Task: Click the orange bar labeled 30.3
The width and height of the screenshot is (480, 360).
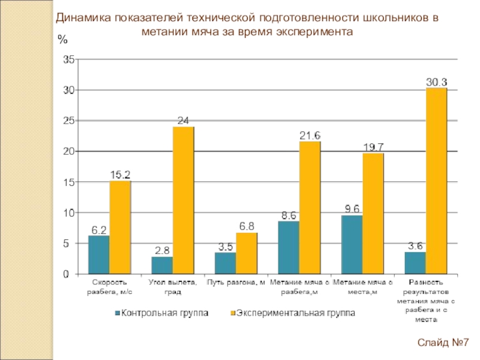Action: (x=436, y=181)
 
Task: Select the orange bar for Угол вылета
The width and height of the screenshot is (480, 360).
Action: (x=183, y=200)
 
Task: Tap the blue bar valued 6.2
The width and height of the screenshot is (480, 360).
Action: (x=99, y=255)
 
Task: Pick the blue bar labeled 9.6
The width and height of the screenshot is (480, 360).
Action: (x=352, y=245)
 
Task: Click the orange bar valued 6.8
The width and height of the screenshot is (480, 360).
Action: (x=246, y=253)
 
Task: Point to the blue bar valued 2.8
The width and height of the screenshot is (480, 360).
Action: (x=162, y=265)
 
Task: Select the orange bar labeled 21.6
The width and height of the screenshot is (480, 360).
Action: (x=310, y=208)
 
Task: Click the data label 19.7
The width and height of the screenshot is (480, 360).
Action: (x=373, y=146)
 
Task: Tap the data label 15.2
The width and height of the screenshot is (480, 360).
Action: (x=120, y=174)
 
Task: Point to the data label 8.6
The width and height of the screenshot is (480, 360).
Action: (x=289, y=215)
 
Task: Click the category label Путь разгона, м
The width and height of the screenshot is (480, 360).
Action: (x=235, y=282)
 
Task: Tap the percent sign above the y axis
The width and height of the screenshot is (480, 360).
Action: (x=62, y=40)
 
